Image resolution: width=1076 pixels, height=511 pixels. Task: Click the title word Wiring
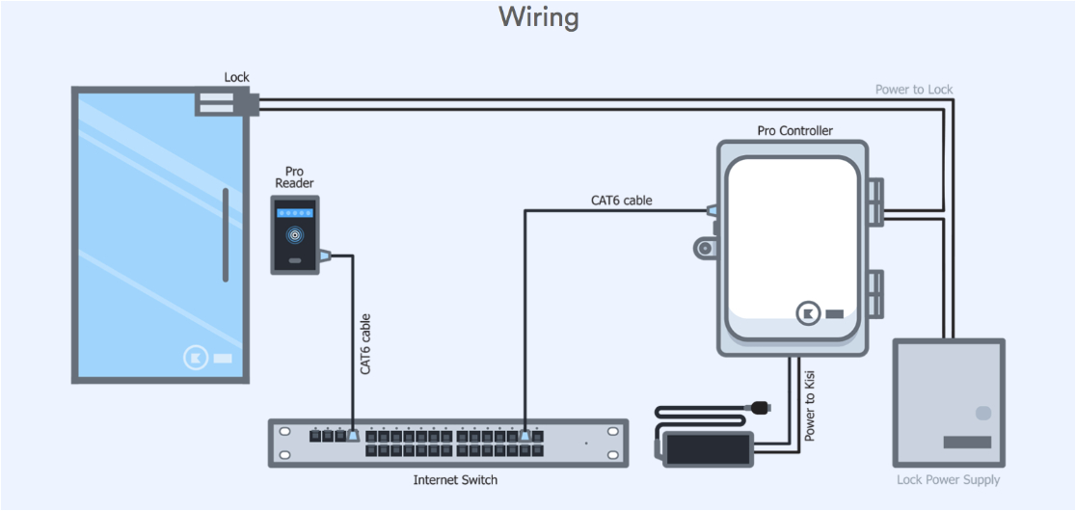coord(538,17)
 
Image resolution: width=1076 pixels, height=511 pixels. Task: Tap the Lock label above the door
coord(236,77)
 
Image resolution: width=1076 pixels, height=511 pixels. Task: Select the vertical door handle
coord(226,235)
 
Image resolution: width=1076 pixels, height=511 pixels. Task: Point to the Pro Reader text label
coord(294,176)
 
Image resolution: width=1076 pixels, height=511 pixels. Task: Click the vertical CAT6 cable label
coord(365,344)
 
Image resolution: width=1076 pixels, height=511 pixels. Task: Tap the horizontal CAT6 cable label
coord(621,201)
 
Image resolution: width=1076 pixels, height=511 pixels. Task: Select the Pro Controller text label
coord(794,130)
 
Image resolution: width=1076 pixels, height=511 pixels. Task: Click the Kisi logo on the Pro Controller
coord(807,313)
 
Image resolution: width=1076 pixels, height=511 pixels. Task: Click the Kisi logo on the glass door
coord(196,358)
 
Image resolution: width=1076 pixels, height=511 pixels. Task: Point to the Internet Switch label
coord(455,479)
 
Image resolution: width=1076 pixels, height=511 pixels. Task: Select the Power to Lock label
coord(913,90)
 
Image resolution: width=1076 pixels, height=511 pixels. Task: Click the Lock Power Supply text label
coord(948,479)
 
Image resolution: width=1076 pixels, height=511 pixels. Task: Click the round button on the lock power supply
coord(982,413)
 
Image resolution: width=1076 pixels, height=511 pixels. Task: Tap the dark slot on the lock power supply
coord(966,443)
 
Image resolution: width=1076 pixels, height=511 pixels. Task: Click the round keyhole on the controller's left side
coord(705,249)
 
